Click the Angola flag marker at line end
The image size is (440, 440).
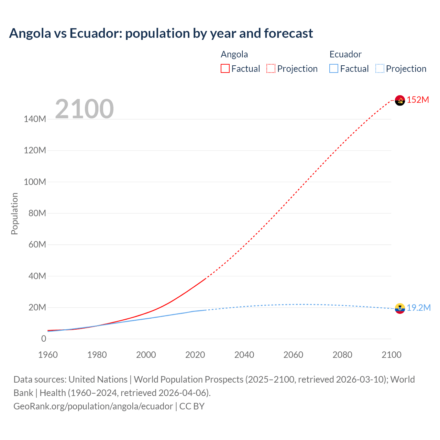coord(400,100)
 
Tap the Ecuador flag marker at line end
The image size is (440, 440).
coord(400,308)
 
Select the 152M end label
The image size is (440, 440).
coord(418,100)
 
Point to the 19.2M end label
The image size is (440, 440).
coord(419,308)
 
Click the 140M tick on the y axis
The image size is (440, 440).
coord(35,119)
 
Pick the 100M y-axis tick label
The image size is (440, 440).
coord(35,182)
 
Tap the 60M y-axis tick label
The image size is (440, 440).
coord(37,244)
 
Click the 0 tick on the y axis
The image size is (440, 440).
coord(44,339)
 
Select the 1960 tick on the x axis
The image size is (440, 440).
coord(48,355)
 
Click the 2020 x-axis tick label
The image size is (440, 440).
coord(195,355)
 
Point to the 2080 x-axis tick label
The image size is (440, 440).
coord(342,355)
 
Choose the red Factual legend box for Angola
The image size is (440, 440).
coord(225,69)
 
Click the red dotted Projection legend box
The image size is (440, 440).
coord(271,69)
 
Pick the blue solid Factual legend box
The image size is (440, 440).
coord(334,69)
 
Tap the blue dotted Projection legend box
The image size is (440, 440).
coord(379,69)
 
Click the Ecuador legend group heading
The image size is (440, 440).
coord(345,54)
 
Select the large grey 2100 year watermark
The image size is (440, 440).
coord(84,109)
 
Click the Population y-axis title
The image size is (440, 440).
coord(14,213)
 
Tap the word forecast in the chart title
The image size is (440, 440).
coord(288,33)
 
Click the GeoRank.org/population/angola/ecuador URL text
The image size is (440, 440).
coord(93,406)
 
